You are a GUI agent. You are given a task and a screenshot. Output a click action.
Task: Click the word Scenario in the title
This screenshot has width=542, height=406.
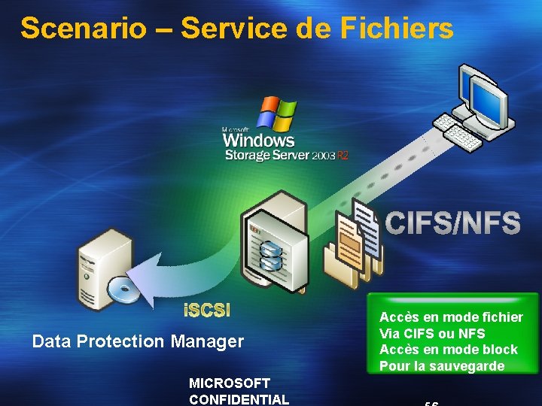pyautogui.click(x=83, y=29)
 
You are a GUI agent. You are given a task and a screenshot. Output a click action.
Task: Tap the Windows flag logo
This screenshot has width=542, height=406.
pyautogui.click(x=276, y=113)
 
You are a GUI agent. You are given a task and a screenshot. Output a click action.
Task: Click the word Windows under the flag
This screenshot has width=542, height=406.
pyautogui.click(x=258, y=140)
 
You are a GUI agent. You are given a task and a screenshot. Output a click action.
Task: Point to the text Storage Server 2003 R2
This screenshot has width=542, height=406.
pyautogui.click(x=287, y=155)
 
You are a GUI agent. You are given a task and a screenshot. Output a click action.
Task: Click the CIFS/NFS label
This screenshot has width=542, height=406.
pyautogui.click(x=452, y=223)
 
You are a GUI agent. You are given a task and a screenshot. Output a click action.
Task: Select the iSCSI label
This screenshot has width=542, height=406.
pyautogui.click(x=207, y=310)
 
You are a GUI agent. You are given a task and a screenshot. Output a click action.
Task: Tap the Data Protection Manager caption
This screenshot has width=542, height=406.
pyautogui.click(x=138, y=341)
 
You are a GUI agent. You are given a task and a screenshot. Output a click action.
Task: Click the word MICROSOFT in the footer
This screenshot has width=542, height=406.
pyautogui.click(x=230, y=383)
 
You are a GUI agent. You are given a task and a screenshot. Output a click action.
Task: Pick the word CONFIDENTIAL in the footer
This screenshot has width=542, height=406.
pyautogui.click(x=239, y=399)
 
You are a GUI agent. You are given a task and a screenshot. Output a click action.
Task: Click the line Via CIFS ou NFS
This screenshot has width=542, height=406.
pyautogui.click(x=432, y=333)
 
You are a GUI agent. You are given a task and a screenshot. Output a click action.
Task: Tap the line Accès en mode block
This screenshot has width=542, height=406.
pyautogui.click(x=449, y=350)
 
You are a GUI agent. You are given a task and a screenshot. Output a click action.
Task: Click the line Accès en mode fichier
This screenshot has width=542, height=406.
pyautogui.click(x=451, y=317)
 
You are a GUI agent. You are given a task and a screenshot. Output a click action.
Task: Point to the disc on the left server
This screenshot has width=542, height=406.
pyautogui.click(x=120, y=289)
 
